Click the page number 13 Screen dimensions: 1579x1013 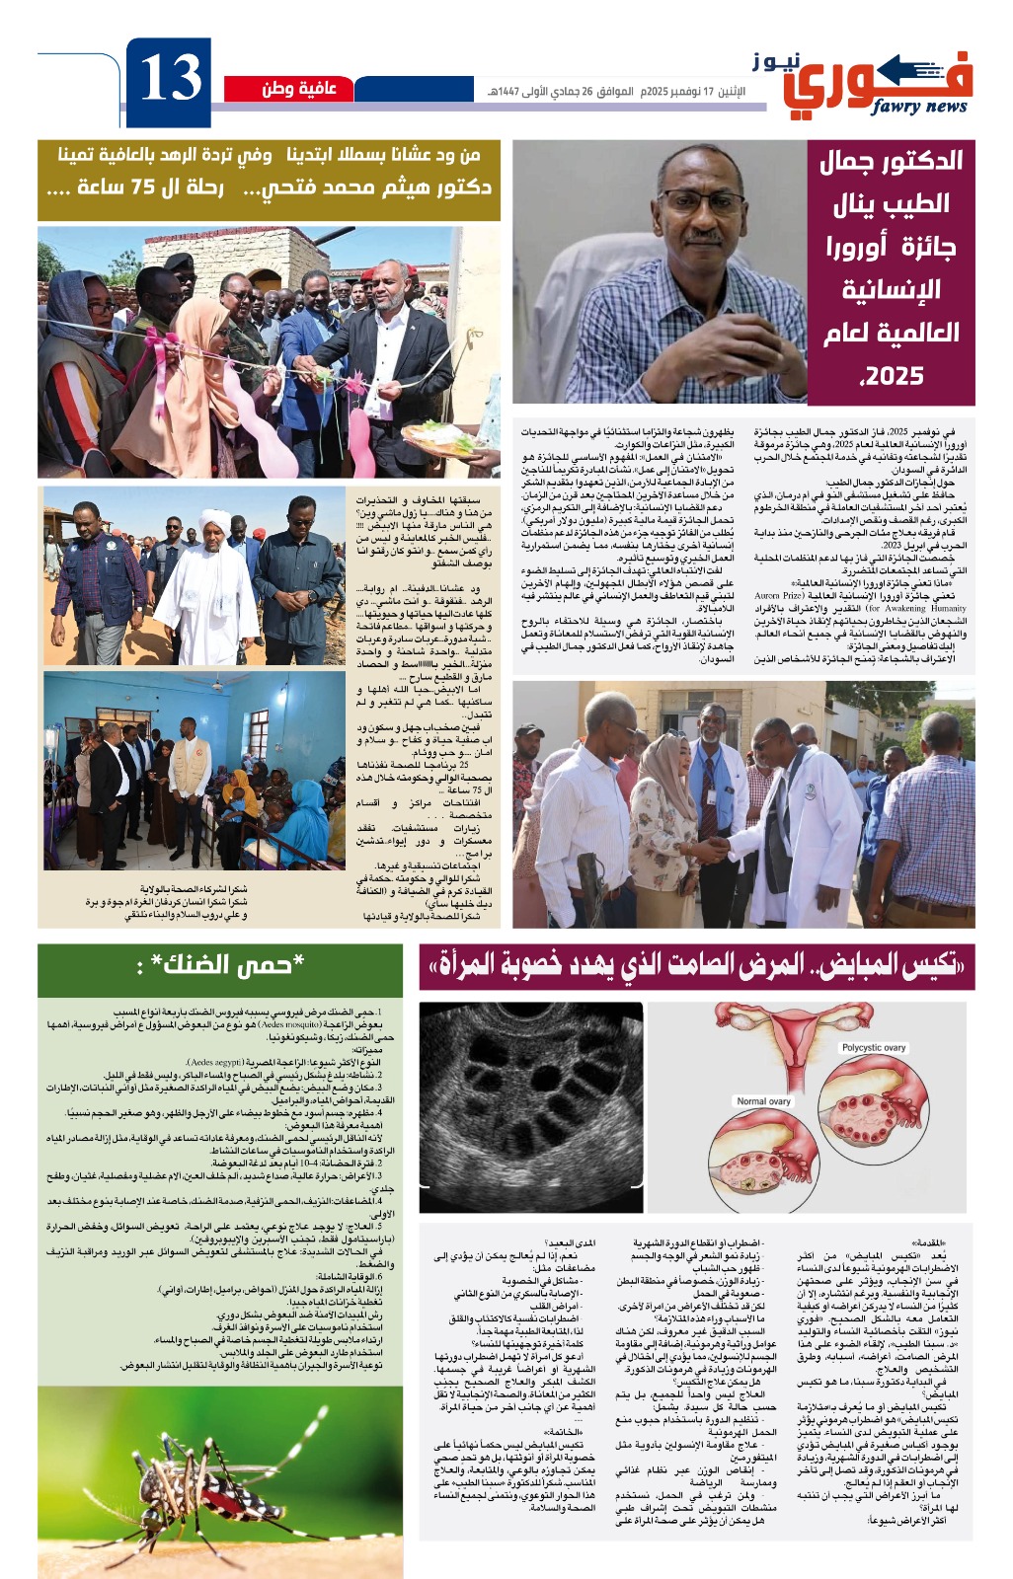(170, 80)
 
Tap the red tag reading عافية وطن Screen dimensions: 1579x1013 (298, 89)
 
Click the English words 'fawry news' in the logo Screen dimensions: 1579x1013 (918, 107)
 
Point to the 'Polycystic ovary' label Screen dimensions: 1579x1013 (874, 1047)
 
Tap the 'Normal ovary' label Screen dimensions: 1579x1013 (763, 1100)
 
